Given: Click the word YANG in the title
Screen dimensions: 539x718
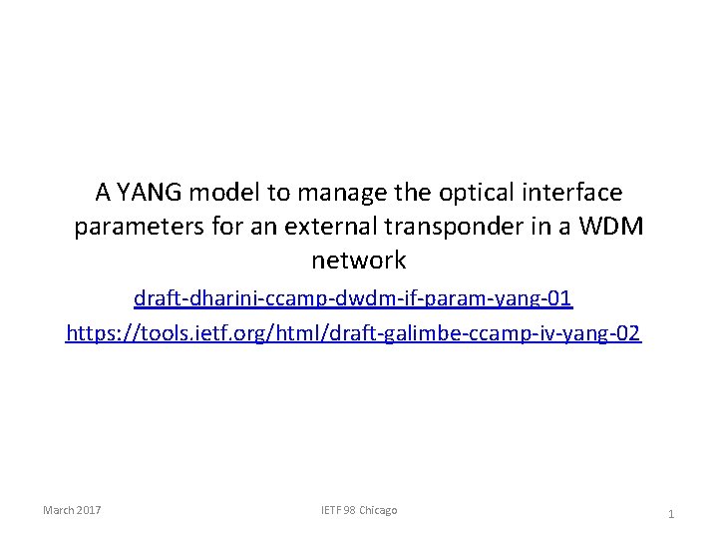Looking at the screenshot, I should (150, 191).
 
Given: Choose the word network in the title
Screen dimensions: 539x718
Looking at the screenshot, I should (359, 262).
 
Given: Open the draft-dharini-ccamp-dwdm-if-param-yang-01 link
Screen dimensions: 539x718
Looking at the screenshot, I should (353, 297).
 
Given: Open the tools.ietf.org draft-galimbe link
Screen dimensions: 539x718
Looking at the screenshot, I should (353, 332).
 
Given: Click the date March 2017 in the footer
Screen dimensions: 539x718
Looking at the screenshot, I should (72, 510).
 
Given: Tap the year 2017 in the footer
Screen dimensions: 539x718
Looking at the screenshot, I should (88, 510).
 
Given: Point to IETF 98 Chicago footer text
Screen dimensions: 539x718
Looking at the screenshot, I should (358, 510).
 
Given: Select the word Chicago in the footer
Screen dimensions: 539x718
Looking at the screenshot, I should (377, 510).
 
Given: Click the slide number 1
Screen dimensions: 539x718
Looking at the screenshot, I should (671, 514).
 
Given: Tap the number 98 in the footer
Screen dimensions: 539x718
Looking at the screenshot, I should (348, 510).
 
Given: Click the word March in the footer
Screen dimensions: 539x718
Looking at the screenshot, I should (58, 510).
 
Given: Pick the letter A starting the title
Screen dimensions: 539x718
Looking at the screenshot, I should (103, 191).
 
